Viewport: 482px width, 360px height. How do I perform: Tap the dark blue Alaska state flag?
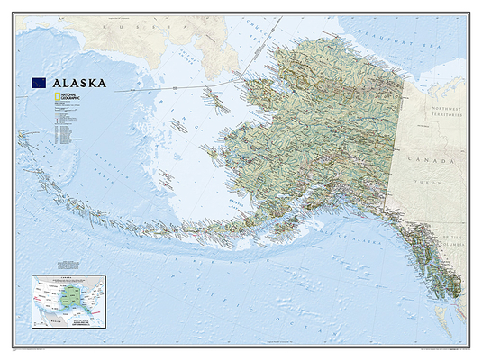tap(41, 83)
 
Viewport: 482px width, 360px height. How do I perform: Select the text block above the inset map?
tap(68, 265)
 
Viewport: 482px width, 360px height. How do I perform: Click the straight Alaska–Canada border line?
tap(397, 135)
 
